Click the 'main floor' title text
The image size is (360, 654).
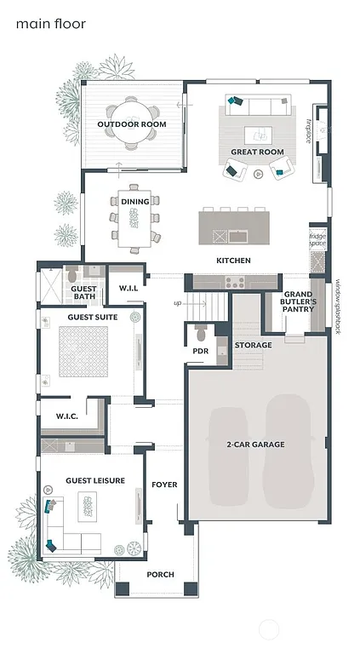(50, 24)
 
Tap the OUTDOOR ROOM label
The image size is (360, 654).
(131, 124)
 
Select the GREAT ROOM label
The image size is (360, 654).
(256, 152)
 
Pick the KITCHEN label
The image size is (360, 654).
(232, 260)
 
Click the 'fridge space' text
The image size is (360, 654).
(317, 240)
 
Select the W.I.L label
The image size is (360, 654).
(129, 288)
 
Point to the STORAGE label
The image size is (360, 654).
(254, 345)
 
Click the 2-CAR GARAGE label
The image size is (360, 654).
(255, 444)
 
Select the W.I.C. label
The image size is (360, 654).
(67, 416)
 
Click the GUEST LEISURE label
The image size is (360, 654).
(95, 480)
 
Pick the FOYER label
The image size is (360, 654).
(164, 485)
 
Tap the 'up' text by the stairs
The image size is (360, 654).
(177, 303)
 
